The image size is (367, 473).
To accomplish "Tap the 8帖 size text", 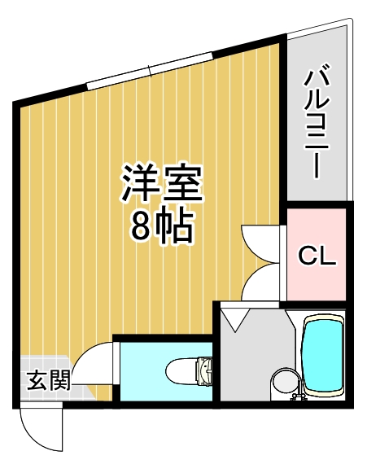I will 161,229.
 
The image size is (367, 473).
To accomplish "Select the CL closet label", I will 317,256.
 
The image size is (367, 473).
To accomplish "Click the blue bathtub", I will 323,355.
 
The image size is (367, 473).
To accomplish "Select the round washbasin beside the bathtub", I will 284,381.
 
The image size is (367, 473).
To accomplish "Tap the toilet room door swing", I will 98,362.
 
